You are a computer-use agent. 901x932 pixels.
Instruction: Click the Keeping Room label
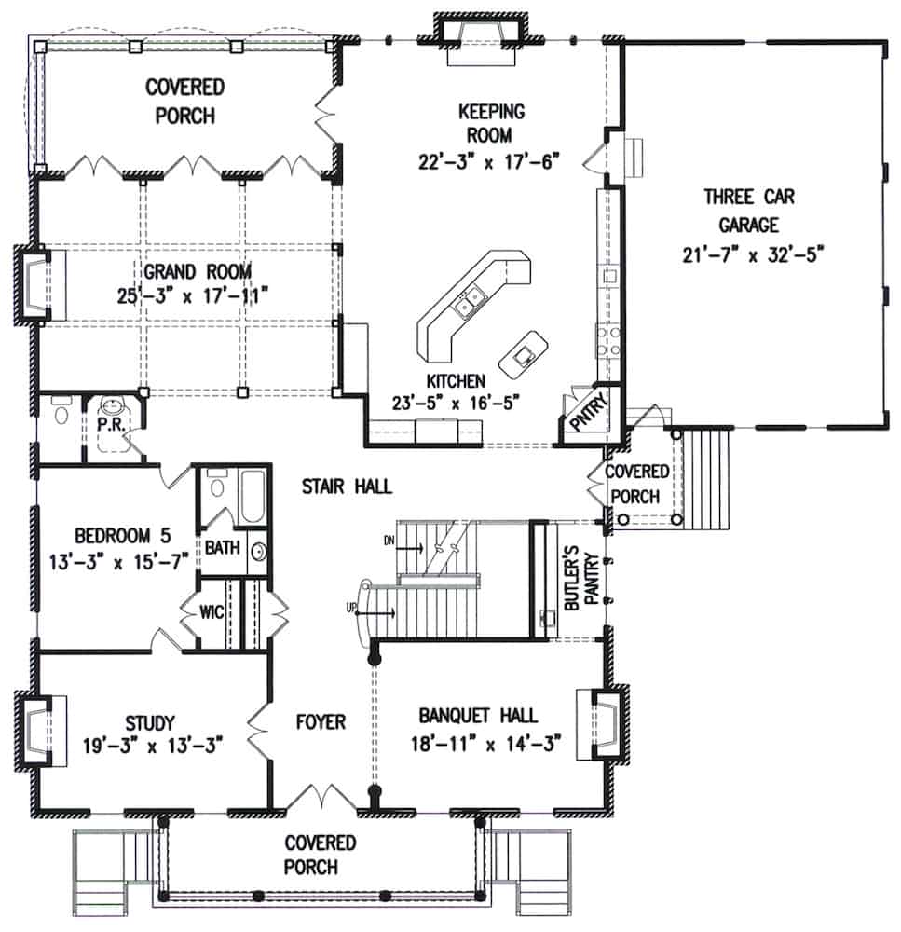(491, 123)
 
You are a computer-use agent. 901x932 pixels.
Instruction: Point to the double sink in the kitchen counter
(468, 299)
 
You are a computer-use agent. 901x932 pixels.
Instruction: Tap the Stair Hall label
(347, 486)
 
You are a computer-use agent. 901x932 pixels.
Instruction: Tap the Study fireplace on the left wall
(39, 727)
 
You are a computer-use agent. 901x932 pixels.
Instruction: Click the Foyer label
(321, 721)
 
